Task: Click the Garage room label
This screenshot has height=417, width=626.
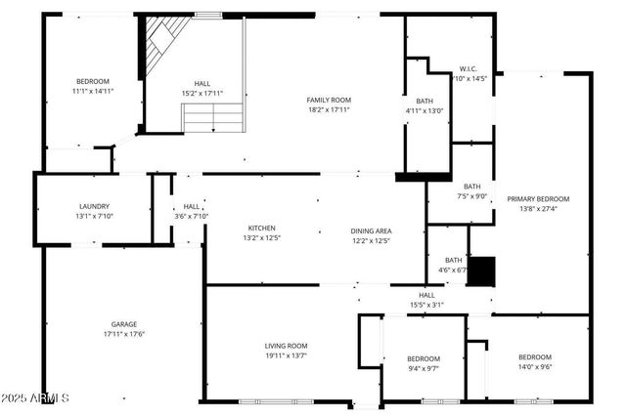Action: tap(123, 324)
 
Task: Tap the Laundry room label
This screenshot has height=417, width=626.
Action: tap(94, 206)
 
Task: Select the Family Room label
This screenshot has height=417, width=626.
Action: tap(329, 100)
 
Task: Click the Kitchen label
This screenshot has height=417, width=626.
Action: tap(261, 228)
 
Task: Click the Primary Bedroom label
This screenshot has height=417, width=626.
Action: tap(538, 199)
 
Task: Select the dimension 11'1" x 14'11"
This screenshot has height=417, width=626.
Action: tap(93, 91)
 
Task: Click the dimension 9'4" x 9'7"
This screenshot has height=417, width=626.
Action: tap(424, 369)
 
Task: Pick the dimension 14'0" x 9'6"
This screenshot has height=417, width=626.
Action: tap(534, 368)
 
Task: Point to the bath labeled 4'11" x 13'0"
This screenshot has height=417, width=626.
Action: tap(425, 110)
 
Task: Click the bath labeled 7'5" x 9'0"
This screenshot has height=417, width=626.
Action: tap(472, 196)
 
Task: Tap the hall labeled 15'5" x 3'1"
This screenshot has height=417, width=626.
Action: tap(426, 305)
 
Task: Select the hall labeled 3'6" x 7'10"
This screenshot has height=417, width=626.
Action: tap(191, 216)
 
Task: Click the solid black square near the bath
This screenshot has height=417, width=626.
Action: tap(480, 270)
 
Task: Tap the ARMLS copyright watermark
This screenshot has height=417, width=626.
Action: tap(35, 398)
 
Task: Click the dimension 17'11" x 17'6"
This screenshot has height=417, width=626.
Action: tap(123, 334)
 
